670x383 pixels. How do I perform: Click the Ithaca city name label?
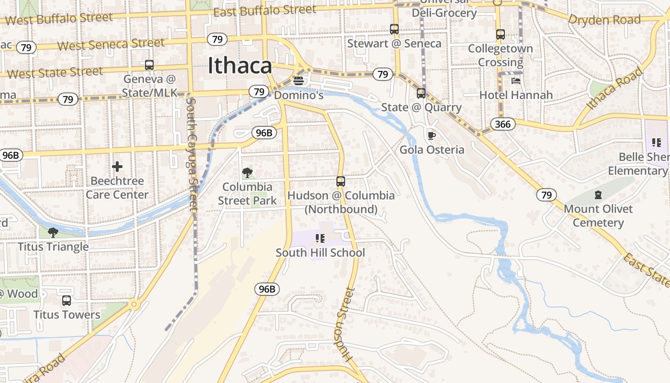[240, 66]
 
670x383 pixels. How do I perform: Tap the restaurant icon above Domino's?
[299, 81]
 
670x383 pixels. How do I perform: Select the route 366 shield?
[503, 124]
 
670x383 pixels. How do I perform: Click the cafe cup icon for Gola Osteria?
[431, 135]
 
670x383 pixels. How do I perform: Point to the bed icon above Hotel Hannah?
[516, 80]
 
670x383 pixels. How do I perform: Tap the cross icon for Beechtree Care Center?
[117, 167]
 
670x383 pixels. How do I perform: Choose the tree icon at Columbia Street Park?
[247, 172]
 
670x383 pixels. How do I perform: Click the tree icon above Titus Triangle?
[53, 233]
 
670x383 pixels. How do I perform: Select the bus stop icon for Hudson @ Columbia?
[341, 181]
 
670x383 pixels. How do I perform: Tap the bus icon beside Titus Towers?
[67, 301]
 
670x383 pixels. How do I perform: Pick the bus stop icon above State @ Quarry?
[421, 93]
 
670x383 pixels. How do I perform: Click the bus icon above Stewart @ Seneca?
[394, 29]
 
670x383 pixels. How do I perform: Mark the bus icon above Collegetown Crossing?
[501, 34]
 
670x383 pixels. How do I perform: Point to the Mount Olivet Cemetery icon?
[598, 195]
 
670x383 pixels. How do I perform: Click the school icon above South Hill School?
[320, 238]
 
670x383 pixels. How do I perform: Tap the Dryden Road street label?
[604, 20]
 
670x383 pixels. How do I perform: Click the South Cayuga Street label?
[192, 154]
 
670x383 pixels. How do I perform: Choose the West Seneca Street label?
[111, 45]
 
